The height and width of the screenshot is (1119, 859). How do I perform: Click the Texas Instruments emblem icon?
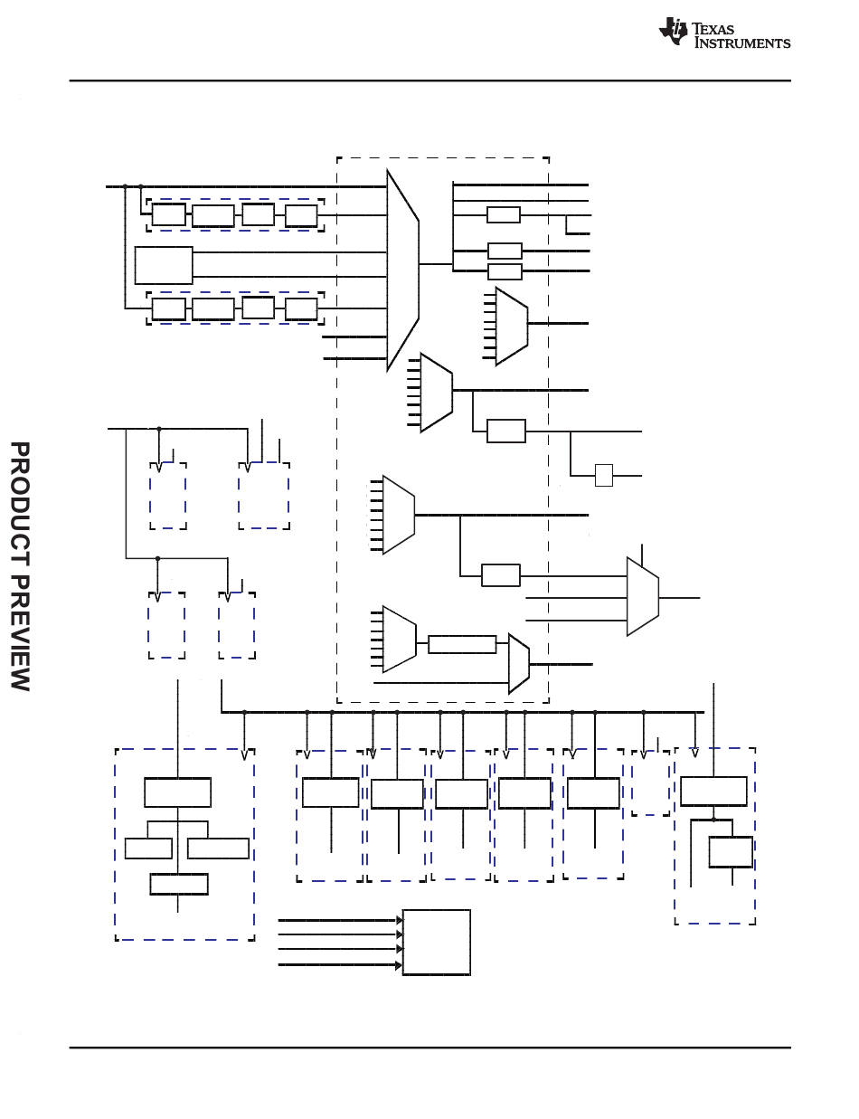[x=673, y=32]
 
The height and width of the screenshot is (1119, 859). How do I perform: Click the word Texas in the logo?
[x=713, y=29]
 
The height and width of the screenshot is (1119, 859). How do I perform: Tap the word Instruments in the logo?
[x=742, y=43]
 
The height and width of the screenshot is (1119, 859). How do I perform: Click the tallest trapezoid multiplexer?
[x=403, y=270]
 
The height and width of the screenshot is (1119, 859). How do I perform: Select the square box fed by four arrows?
[x=437, y=942]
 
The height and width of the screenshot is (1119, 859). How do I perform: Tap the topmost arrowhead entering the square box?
[x=400, y=920]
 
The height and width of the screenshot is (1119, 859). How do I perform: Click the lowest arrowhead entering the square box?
[x=399, y=965]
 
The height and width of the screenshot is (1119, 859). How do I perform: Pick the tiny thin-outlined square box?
[x=604, y=475]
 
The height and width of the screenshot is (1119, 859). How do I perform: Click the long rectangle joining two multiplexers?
[x=462, y=644]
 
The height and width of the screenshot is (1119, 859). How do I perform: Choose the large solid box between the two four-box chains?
[x=164, y=265]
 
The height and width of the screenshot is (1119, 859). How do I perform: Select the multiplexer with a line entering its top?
[x=643, y=596]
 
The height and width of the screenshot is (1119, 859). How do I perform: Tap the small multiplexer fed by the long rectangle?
[x=519, y=664]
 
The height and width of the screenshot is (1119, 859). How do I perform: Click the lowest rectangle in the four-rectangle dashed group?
[x=179, y=884]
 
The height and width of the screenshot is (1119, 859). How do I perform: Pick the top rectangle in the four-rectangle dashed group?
[x=177, y=792]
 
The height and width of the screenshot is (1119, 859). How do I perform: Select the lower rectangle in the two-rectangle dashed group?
[x=731, y=852]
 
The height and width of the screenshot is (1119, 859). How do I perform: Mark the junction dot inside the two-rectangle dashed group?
[x=713, y=820]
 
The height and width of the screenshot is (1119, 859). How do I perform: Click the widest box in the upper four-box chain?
[x=213, y=216]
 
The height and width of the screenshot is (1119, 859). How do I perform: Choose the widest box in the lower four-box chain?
[x=213, y=309]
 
